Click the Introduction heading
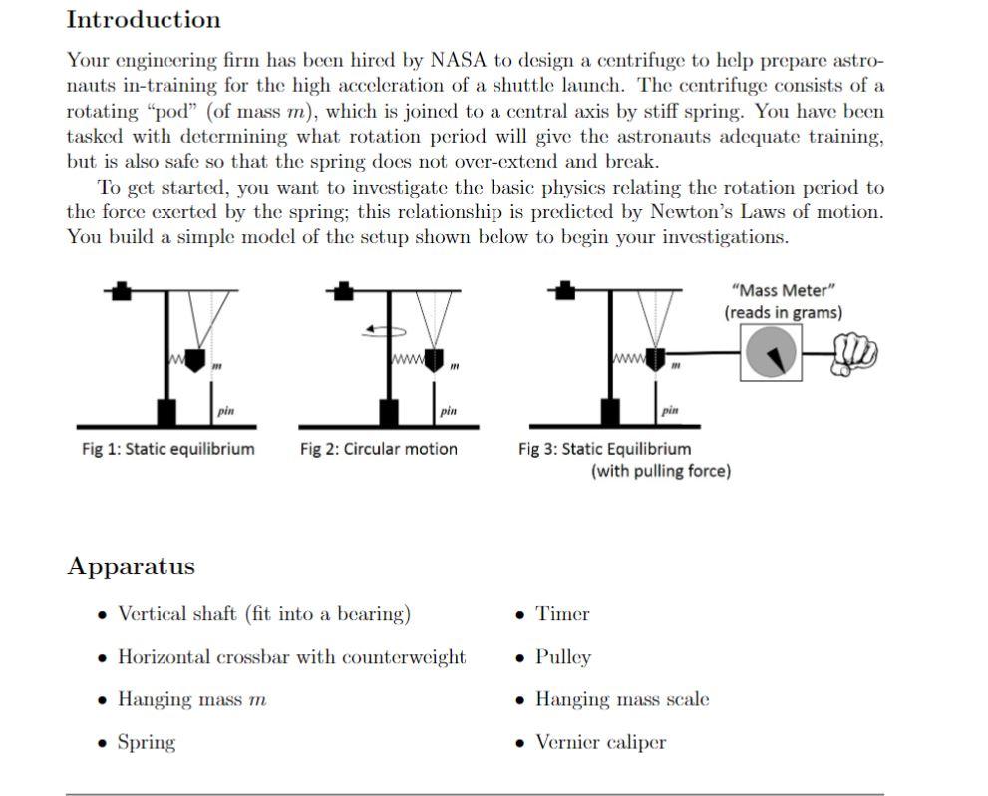pos(144,20)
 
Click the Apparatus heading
pos(131,566)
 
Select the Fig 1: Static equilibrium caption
pos(167,449)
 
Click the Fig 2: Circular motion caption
pos(378,449)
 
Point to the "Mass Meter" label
pos(783,290)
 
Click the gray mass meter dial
pos(770,354)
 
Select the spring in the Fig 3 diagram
pos(628,357)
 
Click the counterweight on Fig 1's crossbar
pos(122,291)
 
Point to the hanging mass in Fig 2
pos(433,359)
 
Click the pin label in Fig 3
pos(670,410)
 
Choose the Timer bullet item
pos(562,614)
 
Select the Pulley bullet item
pos(563,657)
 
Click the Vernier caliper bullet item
pos(600,742)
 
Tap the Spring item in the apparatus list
pos(147,742)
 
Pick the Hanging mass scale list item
pos(622,699)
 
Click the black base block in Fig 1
pos(165,411)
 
